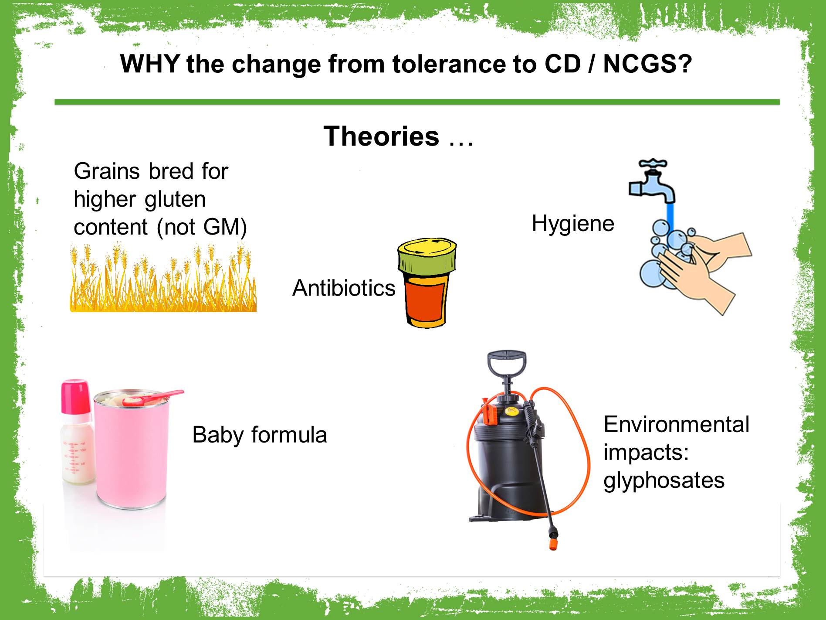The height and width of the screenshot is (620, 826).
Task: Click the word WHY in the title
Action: point(149,64)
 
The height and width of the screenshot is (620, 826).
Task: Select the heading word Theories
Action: point(381,136)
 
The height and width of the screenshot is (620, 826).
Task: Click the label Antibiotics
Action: point(344,288)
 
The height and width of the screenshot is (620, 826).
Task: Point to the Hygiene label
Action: point(573,224)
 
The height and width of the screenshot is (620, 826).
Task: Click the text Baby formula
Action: point(260,435)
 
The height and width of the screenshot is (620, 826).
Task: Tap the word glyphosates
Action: point(664,480)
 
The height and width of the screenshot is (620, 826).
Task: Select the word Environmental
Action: point(677,424)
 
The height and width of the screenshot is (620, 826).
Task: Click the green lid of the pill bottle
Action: point(427,255)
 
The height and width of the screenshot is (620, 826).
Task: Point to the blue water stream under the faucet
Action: point(670,218)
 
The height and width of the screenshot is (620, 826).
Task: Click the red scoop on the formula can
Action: point(152,398)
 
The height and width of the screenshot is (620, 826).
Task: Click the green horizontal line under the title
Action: point(417,102)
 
